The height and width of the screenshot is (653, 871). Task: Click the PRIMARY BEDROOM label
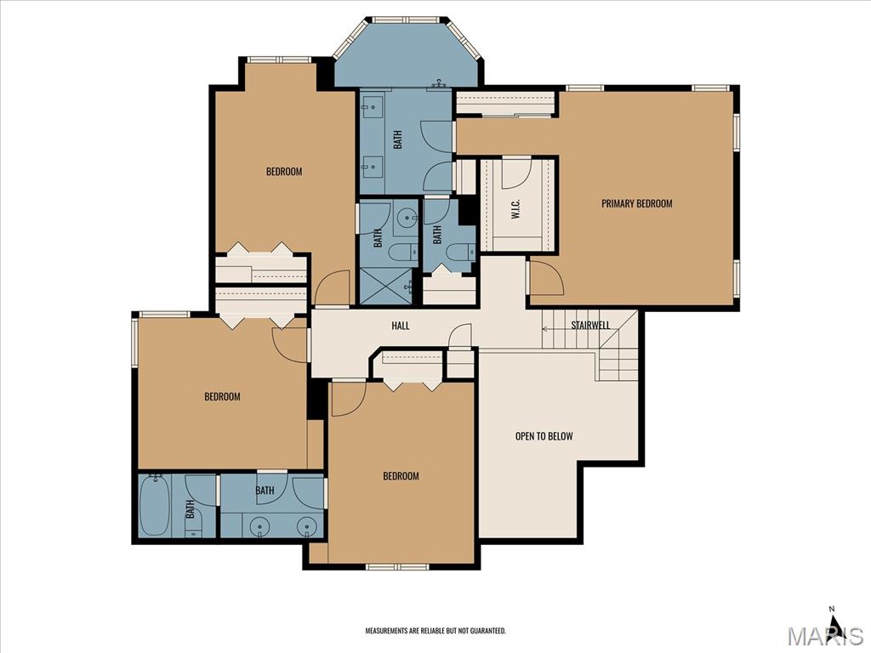coord(636,203)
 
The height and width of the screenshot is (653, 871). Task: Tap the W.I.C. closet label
coord(515,210)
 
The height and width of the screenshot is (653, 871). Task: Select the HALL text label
coord(400,326)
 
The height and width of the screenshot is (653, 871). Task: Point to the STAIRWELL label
coord(590,325)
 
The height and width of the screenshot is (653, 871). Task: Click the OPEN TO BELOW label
coord(544,436)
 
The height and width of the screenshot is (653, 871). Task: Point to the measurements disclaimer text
coord(435,631)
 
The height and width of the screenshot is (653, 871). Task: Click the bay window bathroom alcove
coord(409,55)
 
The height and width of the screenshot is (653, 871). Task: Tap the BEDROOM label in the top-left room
coord(284,172)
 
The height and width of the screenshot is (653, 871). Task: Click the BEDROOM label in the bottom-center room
coord(401,476)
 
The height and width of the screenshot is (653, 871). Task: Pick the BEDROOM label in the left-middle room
coord(222,396)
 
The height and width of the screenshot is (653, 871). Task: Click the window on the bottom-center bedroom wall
coord(397,566)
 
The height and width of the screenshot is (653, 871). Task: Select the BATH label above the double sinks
coord(265,491)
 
